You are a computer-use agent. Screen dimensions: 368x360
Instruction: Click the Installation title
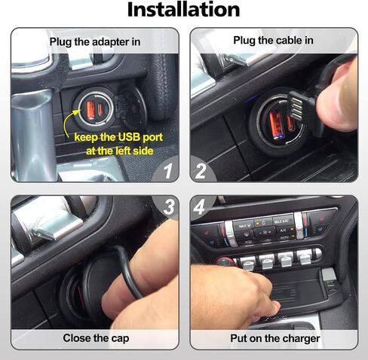[184, 10]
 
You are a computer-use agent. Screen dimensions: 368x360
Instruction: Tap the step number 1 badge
[168, 171]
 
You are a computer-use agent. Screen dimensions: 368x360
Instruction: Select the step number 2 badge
[201, 171]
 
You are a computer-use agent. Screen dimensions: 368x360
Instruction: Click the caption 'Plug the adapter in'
[95, 42]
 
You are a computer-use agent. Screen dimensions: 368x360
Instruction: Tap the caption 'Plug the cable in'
[273, 41]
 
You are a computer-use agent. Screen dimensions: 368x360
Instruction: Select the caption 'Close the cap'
[96, 338]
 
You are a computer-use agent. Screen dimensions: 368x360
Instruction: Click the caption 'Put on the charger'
[275, 339]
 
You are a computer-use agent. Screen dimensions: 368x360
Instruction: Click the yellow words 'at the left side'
[120, 151]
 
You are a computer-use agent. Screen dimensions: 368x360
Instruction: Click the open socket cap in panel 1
[132, 107]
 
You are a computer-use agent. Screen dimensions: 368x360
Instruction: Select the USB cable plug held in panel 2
[296, 107]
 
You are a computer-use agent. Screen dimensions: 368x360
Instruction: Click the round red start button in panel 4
[225, 262]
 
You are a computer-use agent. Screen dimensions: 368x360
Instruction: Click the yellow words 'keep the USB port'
[118, 137]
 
